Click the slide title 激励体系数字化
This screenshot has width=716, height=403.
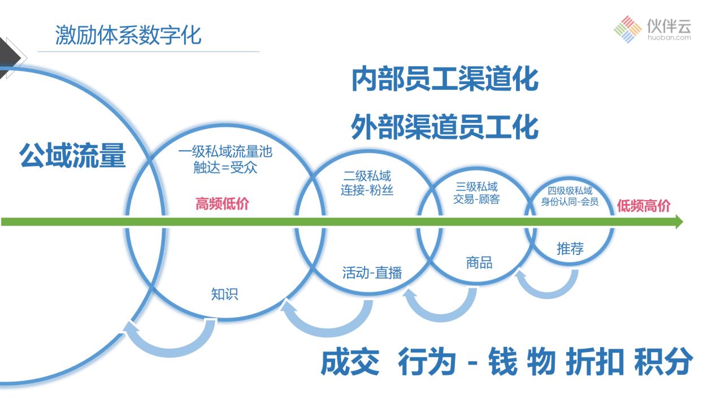pos(128,35)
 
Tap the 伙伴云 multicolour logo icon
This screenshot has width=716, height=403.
pos(627,29)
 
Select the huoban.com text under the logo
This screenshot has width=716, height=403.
pos(669,38)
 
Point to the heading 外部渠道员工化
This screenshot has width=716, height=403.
pos(445,127)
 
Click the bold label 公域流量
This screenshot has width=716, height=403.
pos(72,155)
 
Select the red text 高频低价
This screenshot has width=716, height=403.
pos(222,203)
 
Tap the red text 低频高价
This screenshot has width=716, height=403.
pos(644,206)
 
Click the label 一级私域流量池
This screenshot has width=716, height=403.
pos(225,151)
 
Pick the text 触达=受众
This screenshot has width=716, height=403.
pos(225,167)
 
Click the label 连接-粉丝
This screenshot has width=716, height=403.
pos(367,190)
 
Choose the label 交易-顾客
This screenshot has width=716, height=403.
pos(476,199)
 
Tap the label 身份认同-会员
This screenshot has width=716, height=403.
pos(570,202)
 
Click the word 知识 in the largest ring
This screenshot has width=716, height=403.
pos(225,294)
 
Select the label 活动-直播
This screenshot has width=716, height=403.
pos(372,273)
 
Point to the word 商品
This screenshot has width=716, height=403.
pos(479,263)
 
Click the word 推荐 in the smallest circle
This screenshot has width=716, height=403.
pos(570,248)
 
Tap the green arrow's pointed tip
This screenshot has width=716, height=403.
pos(683,222)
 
